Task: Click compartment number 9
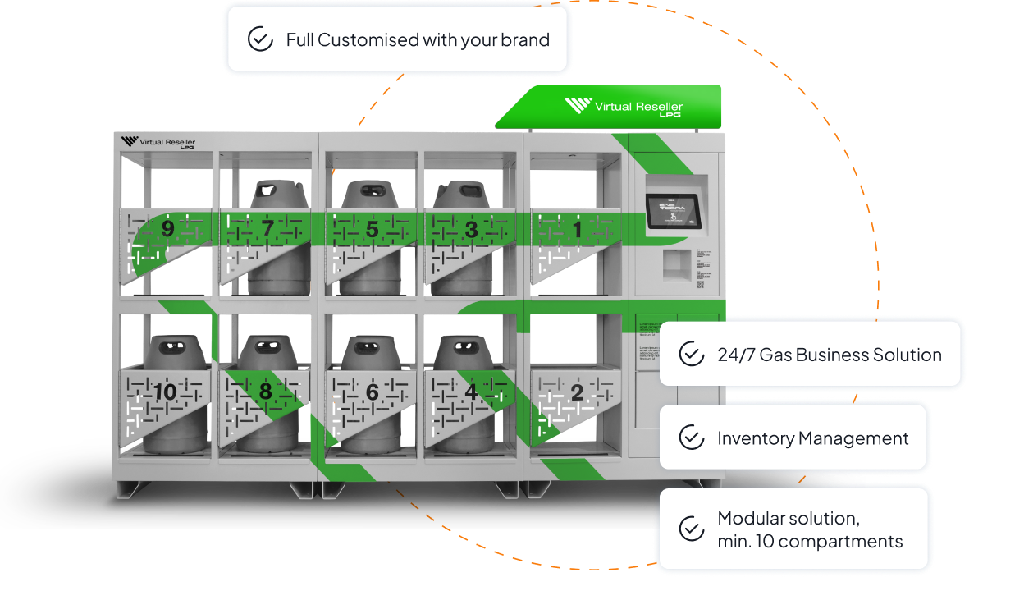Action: pos(167,229)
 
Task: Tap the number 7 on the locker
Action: pos(267,229)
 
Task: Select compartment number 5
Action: pos(372,230)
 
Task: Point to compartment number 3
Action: pos(471,230)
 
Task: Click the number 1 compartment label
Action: pos(577,230)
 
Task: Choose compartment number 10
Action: pos(165,392)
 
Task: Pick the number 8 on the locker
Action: pos(265,392)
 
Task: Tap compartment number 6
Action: pos(372,393)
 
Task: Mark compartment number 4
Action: pos(471,392)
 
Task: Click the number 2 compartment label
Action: pos(577,393)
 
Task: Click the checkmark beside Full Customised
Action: pos(260,39)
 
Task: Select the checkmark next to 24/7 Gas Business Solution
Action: pos(692,355)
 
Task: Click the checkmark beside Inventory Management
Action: pos(692,438)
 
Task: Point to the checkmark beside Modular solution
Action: pos(692,529)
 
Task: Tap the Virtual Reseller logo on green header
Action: pos(624,108)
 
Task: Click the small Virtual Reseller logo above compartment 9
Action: pos(158,143)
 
